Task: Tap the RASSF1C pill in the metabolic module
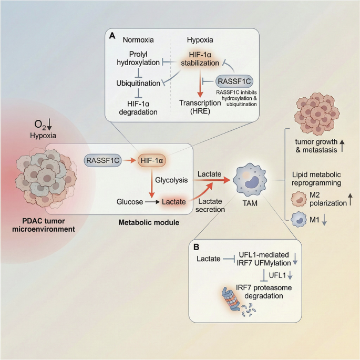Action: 102,158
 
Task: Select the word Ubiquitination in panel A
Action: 139,83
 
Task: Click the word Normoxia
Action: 138,40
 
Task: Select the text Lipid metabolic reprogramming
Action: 317,179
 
